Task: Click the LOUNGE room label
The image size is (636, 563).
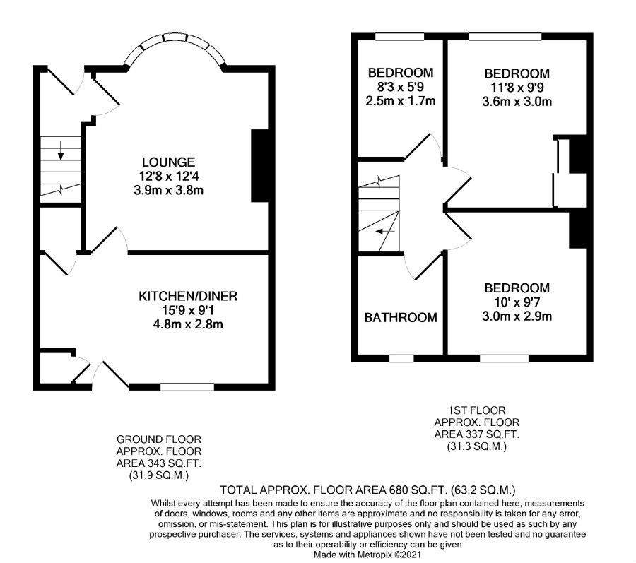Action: (x=168, y=162)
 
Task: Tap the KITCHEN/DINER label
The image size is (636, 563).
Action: (x=188, y=296)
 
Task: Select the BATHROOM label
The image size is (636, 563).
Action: (x=401, y=317)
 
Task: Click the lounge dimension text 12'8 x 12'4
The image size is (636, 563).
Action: (x=169, y=177)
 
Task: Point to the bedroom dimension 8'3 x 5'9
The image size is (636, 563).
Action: (x=401, y=87)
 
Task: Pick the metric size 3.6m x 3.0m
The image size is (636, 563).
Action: (x=517, y=101)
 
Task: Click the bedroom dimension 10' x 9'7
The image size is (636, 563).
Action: (x=517, y=302)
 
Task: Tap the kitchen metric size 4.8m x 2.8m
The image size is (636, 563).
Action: (x=188, y=324)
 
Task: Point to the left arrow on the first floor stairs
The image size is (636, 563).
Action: (x=385, y=232)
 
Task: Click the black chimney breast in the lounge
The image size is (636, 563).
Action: (x=260, y=166)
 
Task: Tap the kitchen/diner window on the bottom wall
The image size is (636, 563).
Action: (x=187, y=387)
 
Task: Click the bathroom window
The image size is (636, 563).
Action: (x=401, y=358)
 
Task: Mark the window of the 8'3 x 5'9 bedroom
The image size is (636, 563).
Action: (x=399, y=37)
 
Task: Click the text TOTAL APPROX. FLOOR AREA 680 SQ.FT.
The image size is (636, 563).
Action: (x=333, y=490)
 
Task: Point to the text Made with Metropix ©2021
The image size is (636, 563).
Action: (x=368, y=554)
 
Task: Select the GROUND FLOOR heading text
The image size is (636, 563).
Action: (x=158, y=439)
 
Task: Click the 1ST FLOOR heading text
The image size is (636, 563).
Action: (x=477, y=410)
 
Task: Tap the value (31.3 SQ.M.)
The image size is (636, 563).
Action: (x=477, y=446)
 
